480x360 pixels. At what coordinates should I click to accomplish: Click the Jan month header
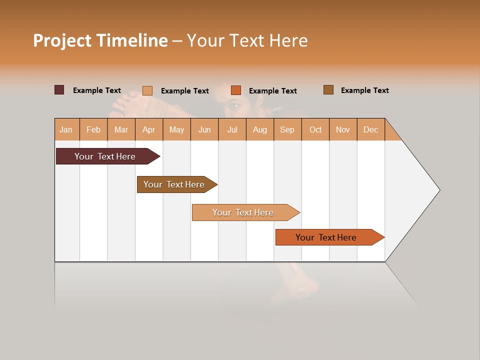pyautogui.click(x=66, y=129)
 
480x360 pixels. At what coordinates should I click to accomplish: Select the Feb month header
pyautogui.click(x=93, y=129)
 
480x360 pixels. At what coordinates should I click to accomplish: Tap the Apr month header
pyautogui.click(x=149, y=129)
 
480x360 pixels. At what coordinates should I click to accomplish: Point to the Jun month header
pyautogui.click(x=204, y=129)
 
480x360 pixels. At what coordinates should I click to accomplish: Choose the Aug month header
pyautogui.click(x=260, y=129)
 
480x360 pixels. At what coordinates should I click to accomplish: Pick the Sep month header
pyautogui.click(x=287, y=129)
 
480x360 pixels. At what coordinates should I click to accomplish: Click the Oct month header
pyautogui.click(x=315, y=129)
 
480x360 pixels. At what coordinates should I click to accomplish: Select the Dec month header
pyautogui.click(x=371, y=129)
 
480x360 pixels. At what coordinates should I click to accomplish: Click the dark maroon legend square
pyautogui.click(x=59, y=90)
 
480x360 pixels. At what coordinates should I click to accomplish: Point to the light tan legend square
pyautogui.click(x=147, y=90)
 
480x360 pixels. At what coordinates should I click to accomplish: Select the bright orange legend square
pyautogui.click(x=236, y=90)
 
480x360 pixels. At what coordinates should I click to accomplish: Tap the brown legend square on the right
pyautogui.click(x=328, y=90)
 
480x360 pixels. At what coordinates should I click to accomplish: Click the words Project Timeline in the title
pyautogui.click(x=100, y=40)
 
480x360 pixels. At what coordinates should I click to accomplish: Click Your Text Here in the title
pyautogui.click(x=247, y=40)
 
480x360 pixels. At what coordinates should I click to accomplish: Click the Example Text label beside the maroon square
pyautogui.click(x=97, y=90)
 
